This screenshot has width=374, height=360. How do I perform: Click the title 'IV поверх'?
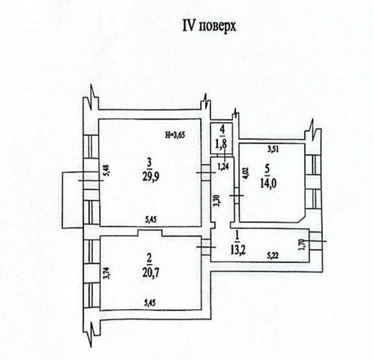tap(209, 26)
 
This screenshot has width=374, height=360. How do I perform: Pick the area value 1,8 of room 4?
tap(222, 143)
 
